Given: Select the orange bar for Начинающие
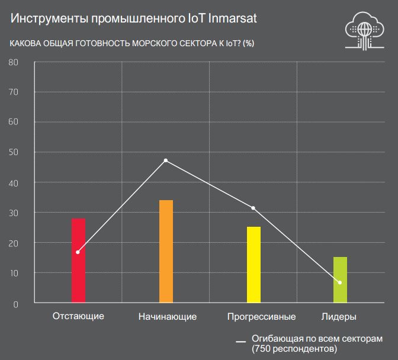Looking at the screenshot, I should coord(166,252).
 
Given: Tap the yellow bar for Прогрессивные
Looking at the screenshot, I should coord(253,265).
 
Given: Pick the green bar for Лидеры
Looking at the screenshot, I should coord(340,280).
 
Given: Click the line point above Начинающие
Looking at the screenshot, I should coord(166,160).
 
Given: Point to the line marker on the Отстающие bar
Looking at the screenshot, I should coord(78,252).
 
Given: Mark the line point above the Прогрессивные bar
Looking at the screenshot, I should coord(253,208).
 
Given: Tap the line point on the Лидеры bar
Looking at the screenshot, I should coord(340,282).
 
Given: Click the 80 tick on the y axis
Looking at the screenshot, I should coord(14,62).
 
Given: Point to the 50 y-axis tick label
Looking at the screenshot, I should coord(14,152).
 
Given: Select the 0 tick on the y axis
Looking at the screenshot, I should coord(16,304).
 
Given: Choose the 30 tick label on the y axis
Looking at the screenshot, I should coord(14,213).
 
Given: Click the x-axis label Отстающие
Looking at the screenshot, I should coord(78,316).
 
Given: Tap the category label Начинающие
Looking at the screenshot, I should coord(167,316).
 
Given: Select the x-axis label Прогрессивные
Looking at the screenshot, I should coord(261,316).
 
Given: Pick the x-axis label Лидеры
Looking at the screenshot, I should coord(339,316).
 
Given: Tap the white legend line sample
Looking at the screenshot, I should coord(241,342).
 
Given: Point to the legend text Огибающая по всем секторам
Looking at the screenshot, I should coord(317,338).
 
